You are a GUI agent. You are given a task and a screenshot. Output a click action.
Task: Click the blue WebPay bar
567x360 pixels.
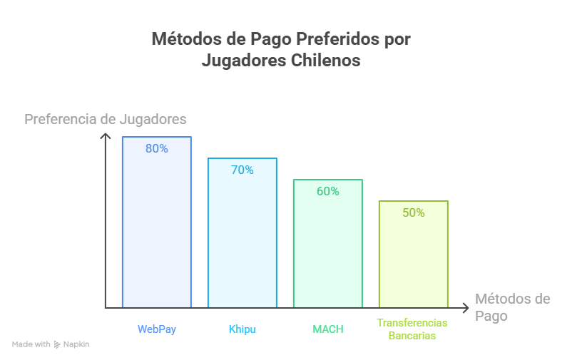(156, 228)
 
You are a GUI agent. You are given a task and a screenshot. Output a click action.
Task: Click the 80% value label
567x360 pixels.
(156, 149)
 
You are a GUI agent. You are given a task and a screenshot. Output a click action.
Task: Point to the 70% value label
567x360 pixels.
(242, 170)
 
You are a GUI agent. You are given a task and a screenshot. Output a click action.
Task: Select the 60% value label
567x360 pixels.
(327, 192)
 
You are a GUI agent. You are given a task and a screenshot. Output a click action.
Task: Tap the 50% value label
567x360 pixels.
(413, 213)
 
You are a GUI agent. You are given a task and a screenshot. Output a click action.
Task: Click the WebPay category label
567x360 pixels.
(156, 329)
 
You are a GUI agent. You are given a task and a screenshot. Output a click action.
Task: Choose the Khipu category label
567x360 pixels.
(242, 329)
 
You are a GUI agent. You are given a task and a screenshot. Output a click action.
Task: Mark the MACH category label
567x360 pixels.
(327, 329)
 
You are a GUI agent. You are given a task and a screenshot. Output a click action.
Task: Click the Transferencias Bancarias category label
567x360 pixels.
(412, 329)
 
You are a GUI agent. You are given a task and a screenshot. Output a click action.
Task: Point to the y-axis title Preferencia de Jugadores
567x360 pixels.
(106, 119)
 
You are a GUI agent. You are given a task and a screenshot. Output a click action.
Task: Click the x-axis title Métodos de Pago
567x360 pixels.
(512, 307)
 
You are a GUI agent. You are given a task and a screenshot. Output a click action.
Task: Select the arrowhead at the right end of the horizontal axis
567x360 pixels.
(467, 308)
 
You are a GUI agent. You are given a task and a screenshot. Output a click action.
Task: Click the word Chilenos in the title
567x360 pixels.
(325, 61)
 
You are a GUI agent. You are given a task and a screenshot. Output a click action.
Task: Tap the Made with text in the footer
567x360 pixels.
(31, 344)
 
